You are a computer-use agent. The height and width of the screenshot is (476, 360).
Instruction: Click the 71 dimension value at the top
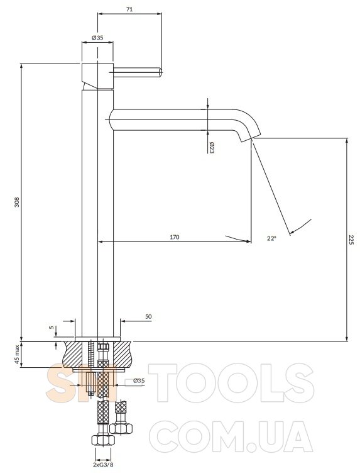(129, 9)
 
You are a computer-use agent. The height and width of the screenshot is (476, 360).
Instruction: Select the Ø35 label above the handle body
(97, 38)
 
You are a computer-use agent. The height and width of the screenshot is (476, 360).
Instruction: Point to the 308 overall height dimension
(17, 202)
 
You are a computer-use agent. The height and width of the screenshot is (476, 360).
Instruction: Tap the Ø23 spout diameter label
(211, 148)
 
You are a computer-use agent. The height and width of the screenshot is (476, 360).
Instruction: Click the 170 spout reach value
(174, 237)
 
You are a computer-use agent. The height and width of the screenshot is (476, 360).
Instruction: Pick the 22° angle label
(271, 238)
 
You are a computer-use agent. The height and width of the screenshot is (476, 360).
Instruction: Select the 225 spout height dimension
(351, 240)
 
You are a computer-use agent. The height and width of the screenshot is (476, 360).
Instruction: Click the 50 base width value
(148, 317)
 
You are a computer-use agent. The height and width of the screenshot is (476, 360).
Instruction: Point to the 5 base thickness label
(52, 328)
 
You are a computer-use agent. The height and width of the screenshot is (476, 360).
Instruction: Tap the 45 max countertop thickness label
(17, 354)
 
